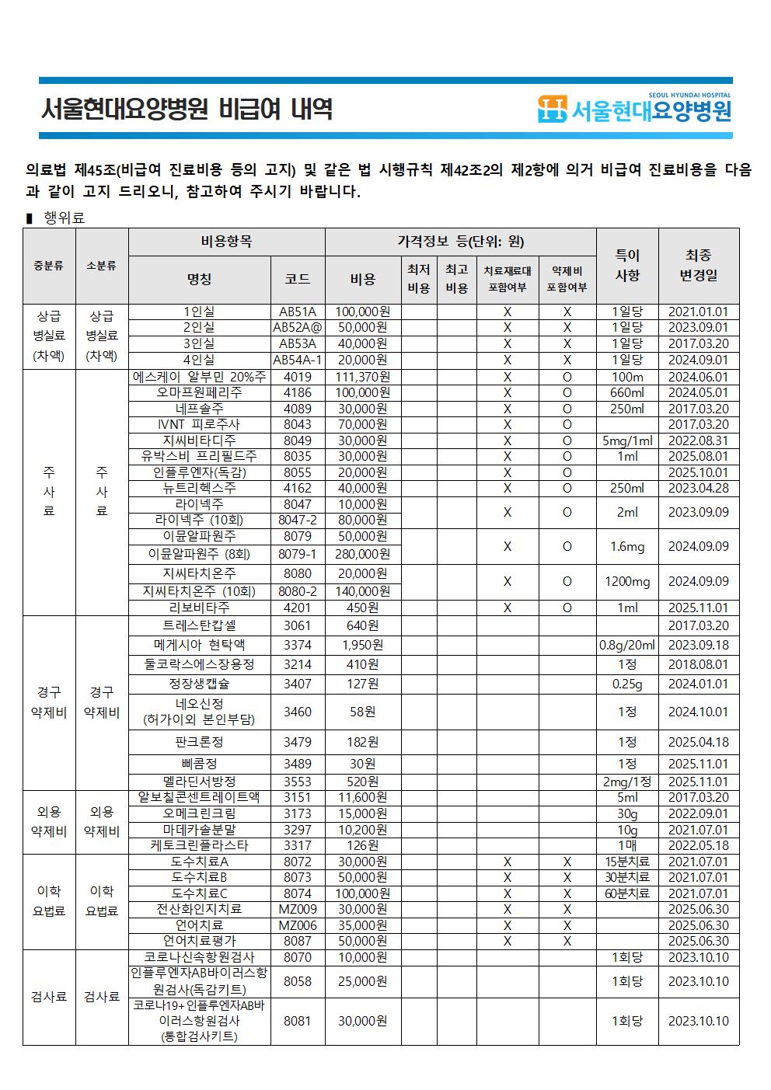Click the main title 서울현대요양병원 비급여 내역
pos(187,109)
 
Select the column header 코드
pos(298,279)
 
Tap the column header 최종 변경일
pos(699,265)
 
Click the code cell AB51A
pos(298,312)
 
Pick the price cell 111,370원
pos(363,377)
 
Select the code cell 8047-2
pos(298,520)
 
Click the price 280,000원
pos(363,554)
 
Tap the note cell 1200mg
pos(627,581)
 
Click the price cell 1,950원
pos(363,645)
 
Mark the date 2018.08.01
pos(699,664)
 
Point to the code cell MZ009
pos(298,909)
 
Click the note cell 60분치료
pos(627,893)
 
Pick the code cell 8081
pos(298,1021)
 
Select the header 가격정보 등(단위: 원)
pos(460,242)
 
